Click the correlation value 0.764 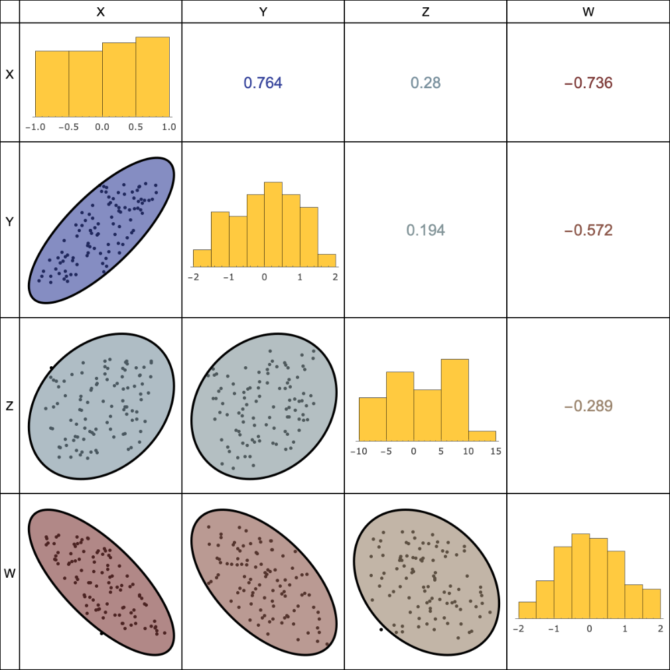tap(263, 83)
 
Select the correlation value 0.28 tap(425, 83)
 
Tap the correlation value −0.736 tap(588, 83)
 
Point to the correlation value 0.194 tap(425, 230)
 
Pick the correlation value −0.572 tap(588, 230)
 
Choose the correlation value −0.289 tap(588, 406)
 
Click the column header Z tap(425, 11)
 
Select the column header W tap(588, 11)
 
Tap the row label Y tap(9, 223)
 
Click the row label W tap(9, 573)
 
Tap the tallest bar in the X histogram tap(153, 77)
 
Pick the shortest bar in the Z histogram tap(482, 436)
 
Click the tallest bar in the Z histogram tap(454, 400)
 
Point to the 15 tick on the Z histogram tap(496, 451)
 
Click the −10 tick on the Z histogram tap(359, 451)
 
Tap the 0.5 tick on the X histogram tap(135, 127)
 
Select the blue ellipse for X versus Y tap(101, 230)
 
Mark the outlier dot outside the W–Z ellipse tap(381, 629)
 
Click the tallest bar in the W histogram tap(580, 576)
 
